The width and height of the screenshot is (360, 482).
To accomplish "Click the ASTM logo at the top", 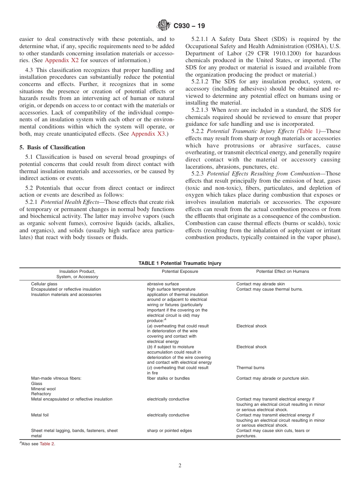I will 164,26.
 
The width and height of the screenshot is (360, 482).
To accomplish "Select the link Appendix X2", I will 62,60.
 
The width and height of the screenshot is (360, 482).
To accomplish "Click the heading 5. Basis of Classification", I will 52,147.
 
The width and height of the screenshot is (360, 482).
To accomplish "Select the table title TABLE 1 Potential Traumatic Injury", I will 180,263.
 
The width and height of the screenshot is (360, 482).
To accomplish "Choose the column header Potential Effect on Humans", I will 282,271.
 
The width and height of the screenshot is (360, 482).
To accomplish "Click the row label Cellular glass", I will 44,284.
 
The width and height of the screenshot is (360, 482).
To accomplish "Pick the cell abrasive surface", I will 163,284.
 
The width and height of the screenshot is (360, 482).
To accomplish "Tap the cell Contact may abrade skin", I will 260,284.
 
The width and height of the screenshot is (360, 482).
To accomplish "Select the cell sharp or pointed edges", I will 169,430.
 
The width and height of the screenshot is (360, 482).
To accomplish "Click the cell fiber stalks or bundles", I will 168,378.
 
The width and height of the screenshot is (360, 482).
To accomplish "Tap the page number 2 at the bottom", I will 180,466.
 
